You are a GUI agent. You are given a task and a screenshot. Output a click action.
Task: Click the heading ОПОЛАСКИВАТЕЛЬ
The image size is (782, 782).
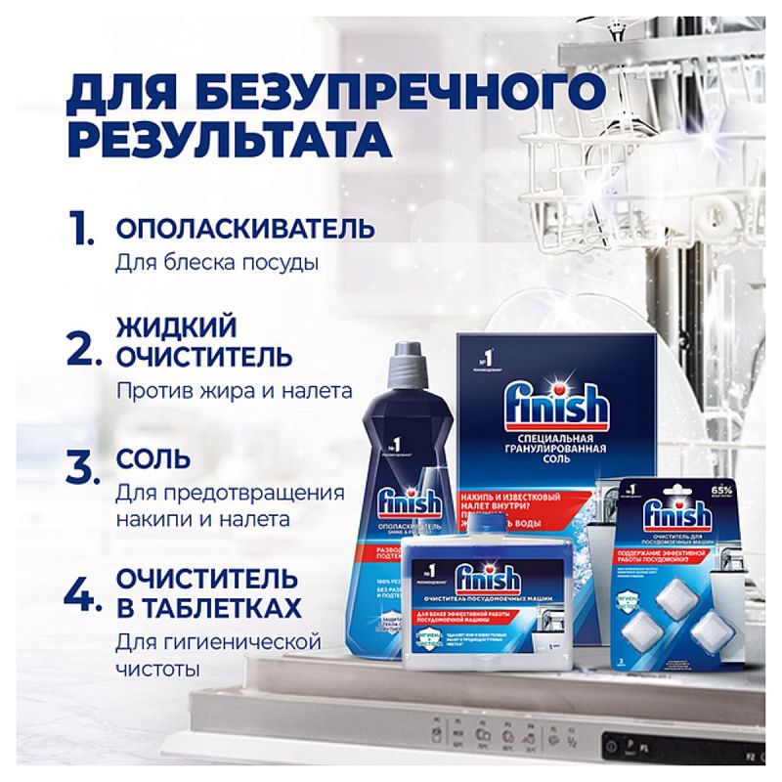click(x=244, y=229)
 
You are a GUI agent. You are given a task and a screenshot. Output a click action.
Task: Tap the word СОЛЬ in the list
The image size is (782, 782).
click(x=153, y=458)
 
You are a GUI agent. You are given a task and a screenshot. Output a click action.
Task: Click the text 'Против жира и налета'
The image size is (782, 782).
click(x=234, y=391)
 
